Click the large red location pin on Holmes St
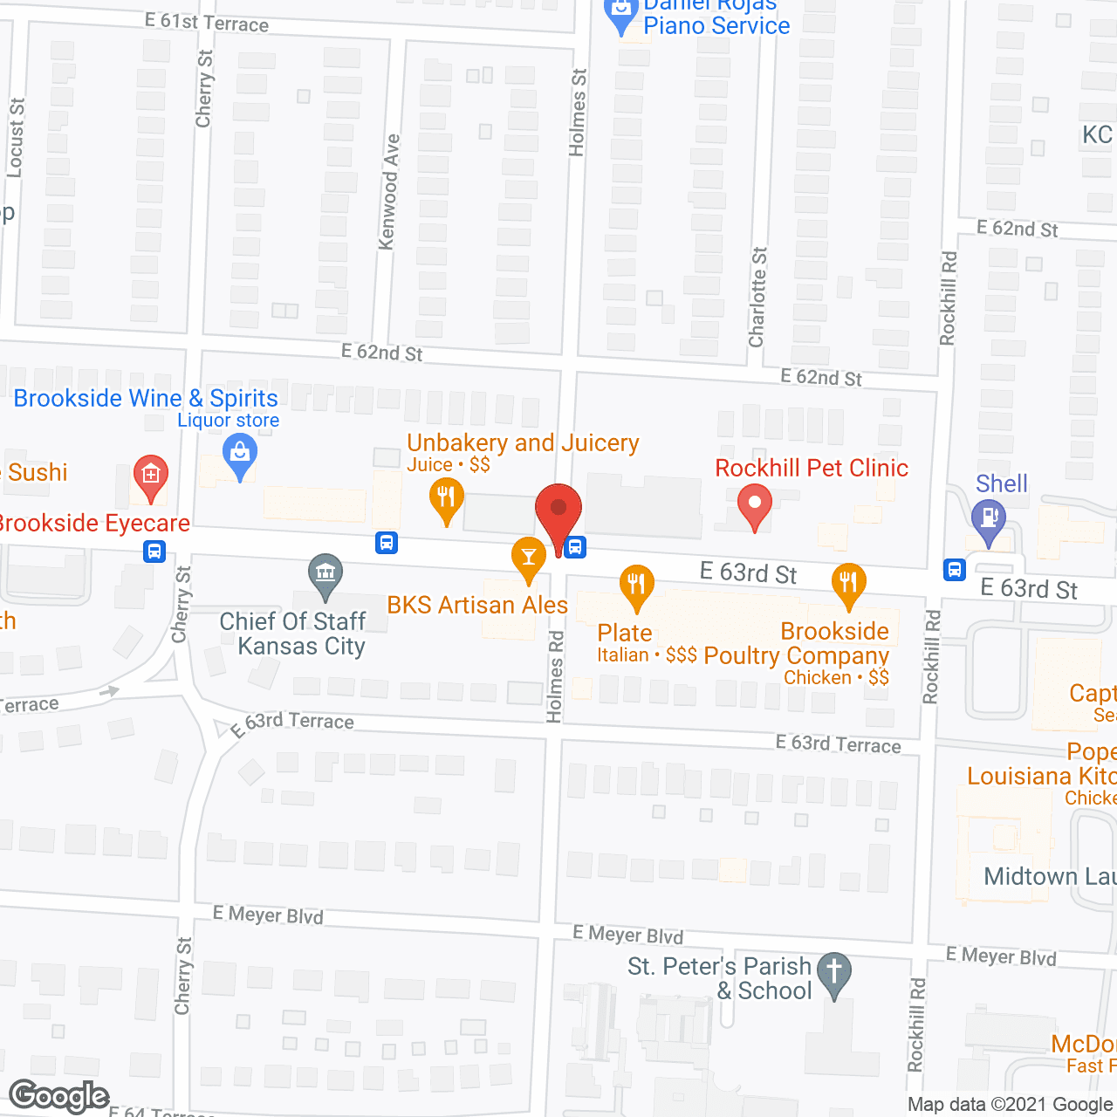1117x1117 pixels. coord(558,511)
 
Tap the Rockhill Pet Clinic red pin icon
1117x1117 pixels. coord(755,506)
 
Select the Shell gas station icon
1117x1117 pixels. coord(989,518)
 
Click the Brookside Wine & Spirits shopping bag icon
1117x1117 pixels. coord(239,455)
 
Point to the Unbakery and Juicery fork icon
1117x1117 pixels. coord(447,498)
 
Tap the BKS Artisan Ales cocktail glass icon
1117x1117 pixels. coord(528,558)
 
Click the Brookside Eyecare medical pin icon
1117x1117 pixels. coord(150,476)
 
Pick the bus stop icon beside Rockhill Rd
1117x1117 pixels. coord(955,570)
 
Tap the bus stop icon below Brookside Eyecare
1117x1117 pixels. coord(154,552)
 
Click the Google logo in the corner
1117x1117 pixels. coord(59,1095)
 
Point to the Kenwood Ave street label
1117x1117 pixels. coord(389,192)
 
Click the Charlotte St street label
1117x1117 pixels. coord(757,297)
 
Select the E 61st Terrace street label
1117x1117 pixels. coord(207,23)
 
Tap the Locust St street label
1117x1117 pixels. coord(16,138)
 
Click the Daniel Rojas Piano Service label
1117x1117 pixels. coord(716,17)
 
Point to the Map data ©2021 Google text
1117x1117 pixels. coord(1011,1104)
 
